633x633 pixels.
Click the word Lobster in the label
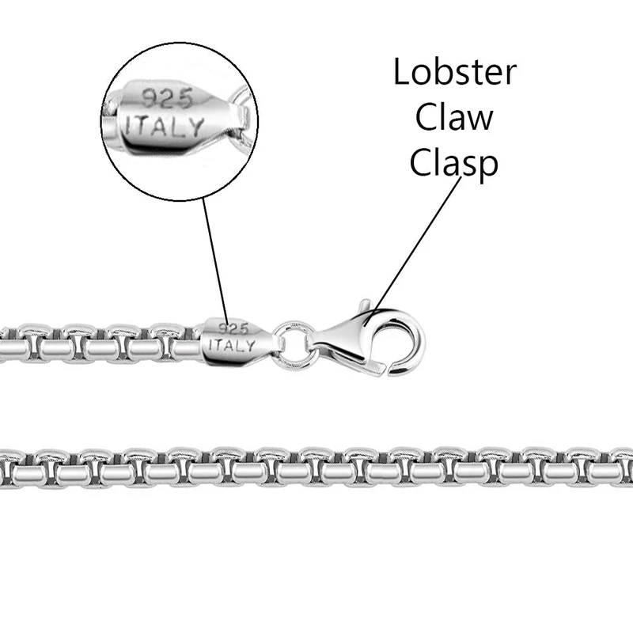point(454,73)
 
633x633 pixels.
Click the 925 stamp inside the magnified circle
point(165,97)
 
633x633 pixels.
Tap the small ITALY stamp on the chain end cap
point(230,346)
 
